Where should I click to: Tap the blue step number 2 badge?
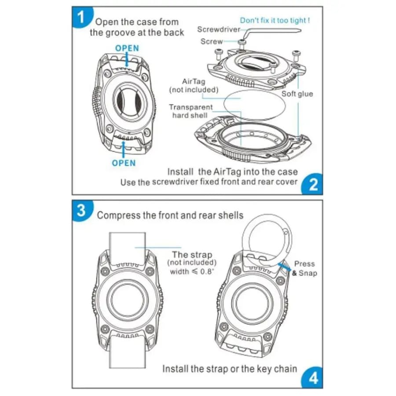pos(313,184)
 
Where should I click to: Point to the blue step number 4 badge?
pos(313,378)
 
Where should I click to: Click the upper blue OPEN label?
pos(127,48)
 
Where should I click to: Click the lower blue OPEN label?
pos(124,163)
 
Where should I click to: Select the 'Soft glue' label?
pos(297,94)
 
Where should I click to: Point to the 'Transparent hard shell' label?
pos(191,111)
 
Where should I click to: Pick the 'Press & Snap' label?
pos(304,268)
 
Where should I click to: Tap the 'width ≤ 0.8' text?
pos(192,271)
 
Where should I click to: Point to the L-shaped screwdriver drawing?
pos(268,32)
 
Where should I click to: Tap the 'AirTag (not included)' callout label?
pos(194,86)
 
